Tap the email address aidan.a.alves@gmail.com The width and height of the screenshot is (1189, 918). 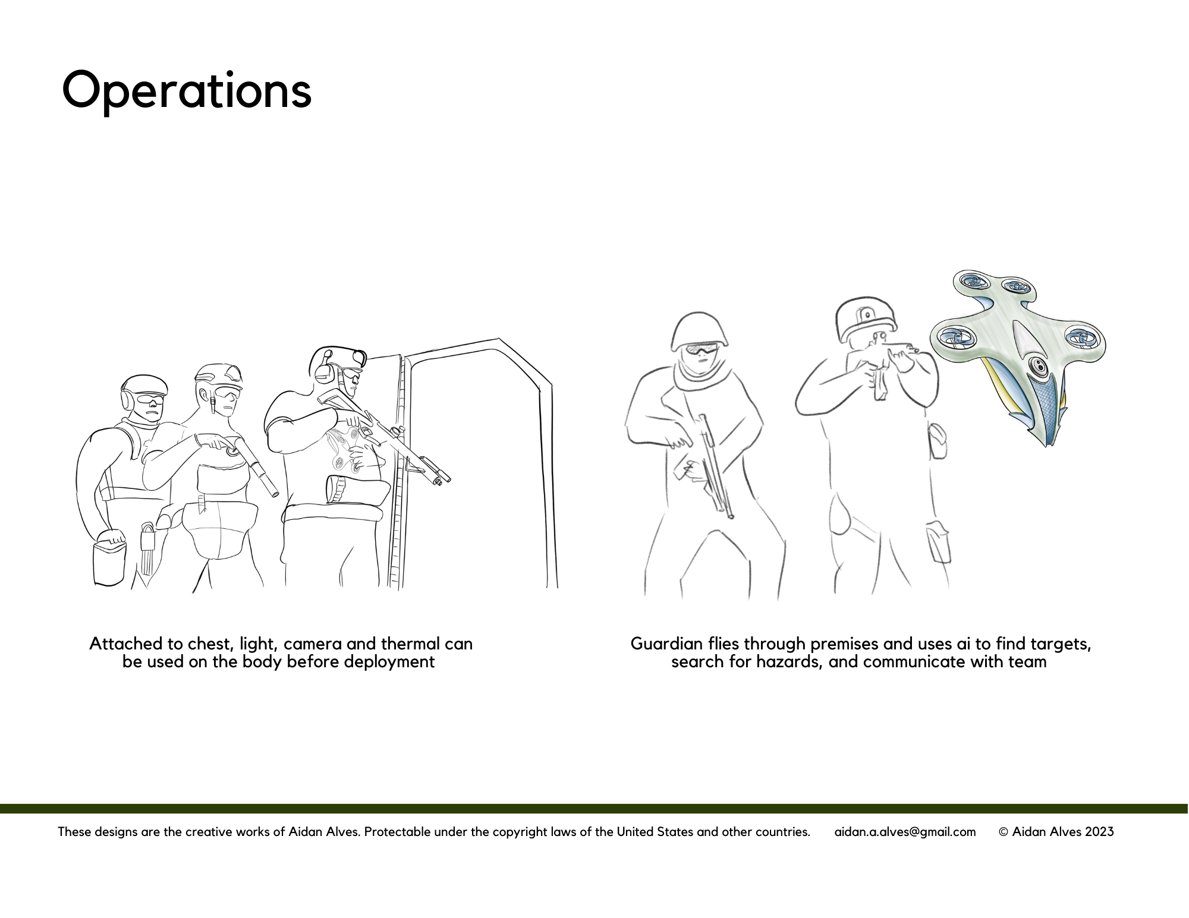click(905, 832)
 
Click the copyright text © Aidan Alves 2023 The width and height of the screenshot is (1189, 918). click(1056, 832)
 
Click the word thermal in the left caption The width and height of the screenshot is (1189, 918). click(410, 644)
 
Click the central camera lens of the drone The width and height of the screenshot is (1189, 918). click(1039, 366)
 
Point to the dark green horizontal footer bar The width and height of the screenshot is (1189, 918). click(594, 809)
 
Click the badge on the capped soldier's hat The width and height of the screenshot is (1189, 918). click(868, 314)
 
